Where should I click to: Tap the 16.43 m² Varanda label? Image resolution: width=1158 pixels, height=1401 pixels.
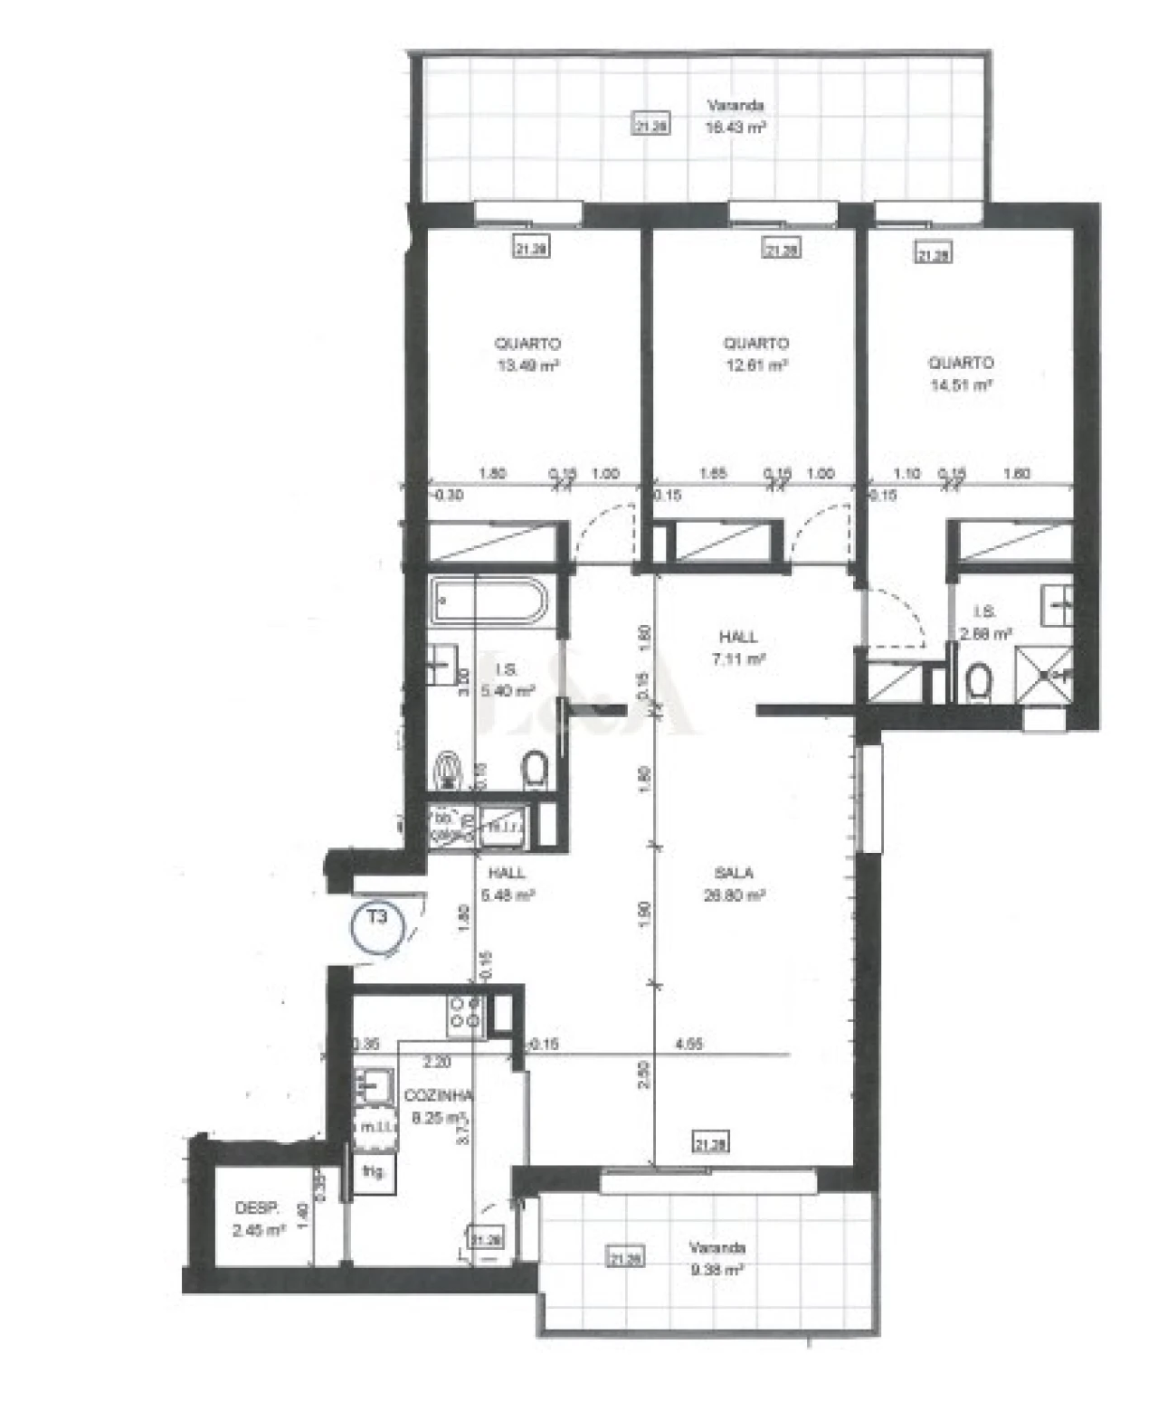point(736,118)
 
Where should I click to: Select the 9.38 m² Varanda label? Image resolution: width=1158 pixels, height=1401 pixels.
point(717,1258)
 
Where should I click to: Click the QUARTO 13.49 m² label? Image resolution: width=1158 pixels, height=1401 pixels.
point(527,355)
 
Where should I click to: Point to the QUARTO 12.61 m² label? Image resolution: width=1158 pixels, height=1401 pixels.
point(755,355)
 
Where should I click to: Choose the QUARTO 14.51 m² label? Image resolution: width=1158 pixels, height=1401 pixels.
point(961,373)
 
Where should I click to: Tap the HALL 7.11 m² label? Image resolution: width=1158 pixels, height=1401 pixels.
point(739,648)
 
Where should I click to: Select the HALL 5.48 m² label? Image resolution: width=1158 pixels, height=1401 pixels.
point(507,885)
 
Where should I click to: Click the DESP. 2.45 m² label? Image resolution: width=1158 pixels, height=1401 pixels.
point(259,1218)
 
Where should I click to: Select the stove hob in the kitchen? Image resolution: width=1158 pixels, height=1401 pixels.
point(466,1014)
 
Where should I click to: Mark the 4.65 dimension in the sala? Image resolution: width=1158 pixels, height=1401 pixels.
point(689,1044)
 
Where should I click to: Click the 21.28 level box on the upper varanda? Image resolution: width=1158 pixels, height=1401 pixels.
point(650,126)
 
